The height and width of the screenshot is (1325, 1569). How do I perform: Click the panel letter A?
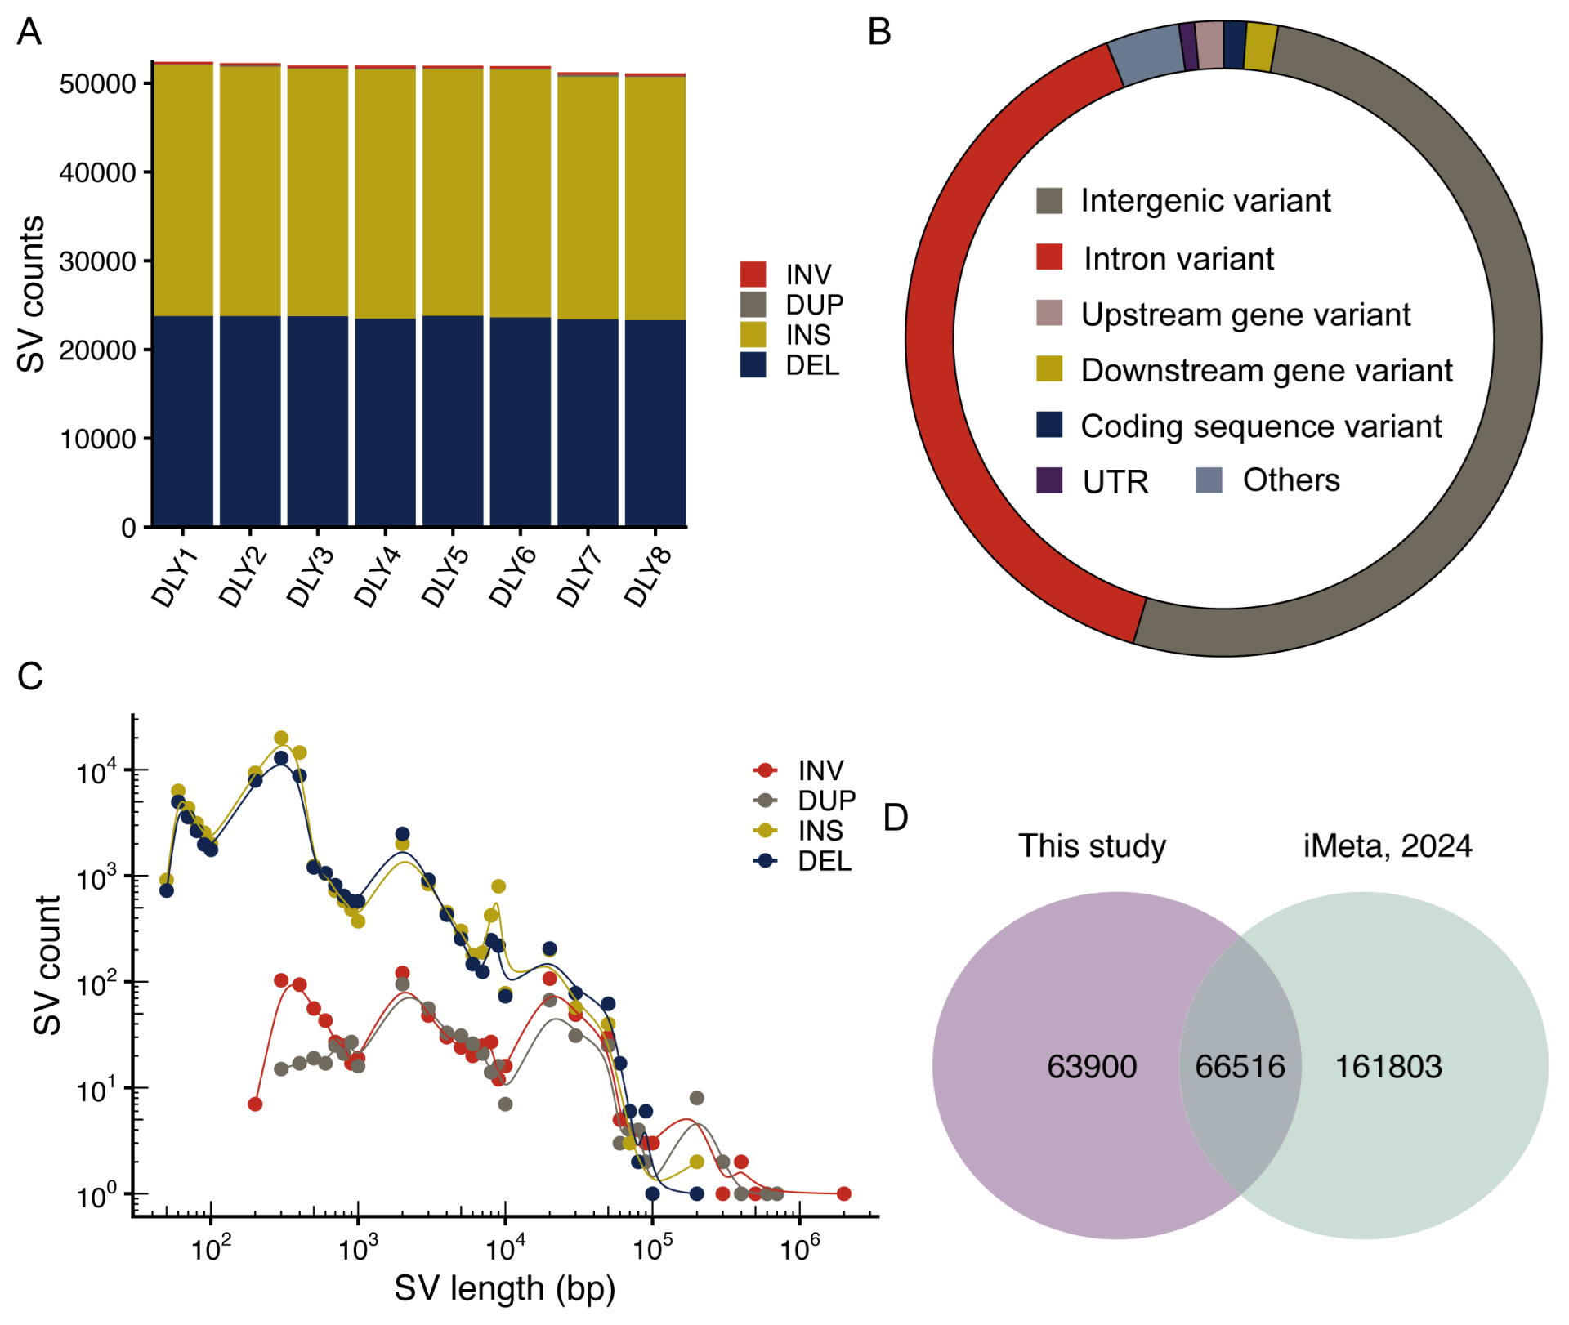point(29,33)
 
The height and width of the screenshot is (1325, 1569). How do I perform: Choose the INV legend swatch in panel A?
point(753,274)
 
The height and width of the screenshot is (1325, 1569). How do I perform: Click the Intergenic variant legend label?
point(1205,201)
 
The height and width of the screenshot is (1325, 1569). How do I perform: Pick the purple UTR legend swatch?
point(1049,480)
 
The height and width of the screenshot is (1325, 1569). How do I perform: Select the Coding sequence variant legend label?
point(1261,426)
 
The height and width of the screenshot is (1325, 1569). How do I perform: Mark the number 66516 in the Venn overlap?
point(1240,1067)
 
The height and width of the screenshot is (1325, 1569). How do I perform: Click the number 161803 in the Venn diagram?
point(1388,1067)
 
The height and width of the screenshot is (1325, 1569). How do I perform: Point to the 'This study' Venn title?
point(1092,846)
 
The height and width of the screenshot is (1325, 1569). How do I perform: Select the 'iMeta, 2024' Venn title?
point(1388,846)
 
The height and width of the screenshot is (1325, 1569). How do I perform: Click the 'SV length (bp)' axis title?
point(505,1289)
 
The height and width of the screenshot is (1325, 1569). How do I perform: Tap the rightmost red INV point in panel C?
point(844,1194)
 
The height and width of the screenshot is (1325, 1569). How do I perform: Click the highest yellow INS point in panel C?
point(281,738)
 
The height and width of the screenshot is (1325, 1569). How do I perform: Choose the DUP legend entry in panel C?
point(826,801)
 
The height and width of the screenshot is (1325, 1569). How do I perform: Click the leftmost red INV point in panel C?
point(255,1104)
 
